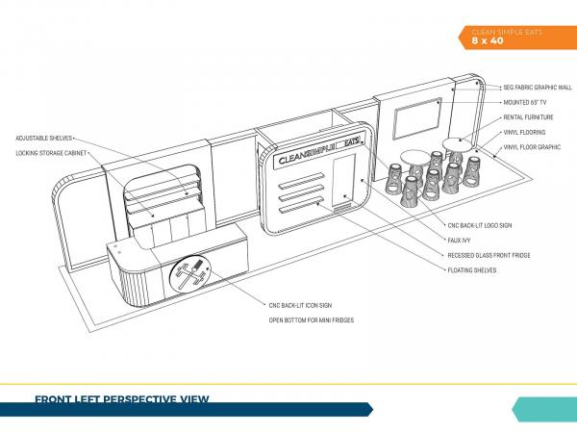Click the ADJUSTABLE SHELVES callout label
(44, 138)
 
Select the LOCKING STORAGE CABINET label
(51, 153)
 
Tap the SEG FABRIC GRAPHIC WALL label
(538, 88)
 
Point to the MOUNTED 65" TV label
(525, 103)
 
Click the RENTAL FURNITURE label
(528, 117)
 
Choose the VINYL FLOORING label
(524, 133)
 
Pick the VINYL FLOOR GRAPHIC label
(532, 147)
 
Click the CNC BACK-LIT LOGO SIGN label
(480, 225)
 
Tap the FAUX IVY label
(459, 241)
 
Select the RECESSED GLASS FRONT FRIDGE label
(489, 255)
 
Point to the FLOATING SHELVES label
(472, 270)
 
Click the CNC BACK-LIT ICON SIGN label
(300, 306)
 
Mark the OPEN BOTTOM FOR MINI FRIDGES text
(312, 320)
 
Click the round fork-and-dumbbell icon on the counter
(189, 273)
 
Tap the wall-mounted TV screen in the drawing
(417, 118)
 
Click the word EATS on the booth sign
(351, 142)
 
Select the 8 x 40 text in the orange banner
(488, 40)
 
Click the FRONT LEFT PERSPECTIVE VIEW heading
(122, 399)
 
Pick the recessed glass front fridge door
(343, 180)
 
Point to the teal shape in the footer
(544, 409)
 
